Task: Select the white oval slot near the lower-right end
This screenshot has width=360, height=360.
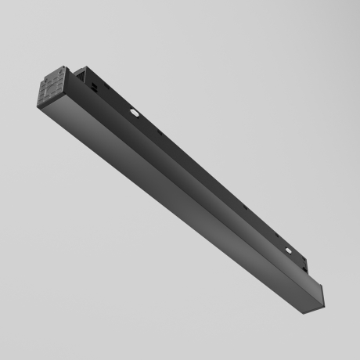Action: coord(291,251)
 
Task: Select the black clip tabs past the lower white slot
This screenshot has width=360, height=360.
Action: coord(308,265)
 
